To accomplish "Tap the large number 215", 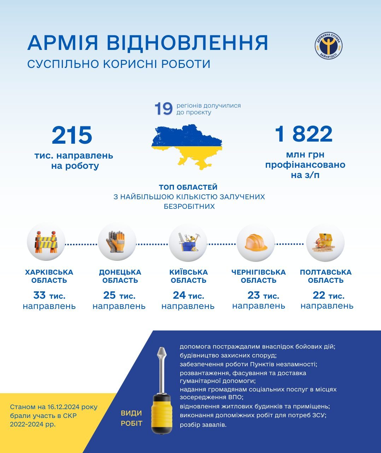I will tap(72, 136).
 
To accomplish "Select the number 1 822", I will tap(304, 134).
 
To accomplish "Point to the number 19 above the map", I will tap(163, 109).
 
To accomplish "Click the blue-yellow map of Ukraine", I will tap(187, 146).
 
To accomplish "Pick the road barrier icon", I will tap(46, 242).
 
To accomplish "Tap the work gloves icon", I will tap(116, 242).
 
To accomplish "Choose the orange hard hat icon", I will tap(256, 243).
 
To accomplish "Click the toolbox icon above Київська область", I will tap(188, 242).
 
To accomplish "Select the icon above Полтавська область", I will tap(325, 243).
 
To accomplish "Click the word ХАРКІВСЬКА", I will tap(49, 272).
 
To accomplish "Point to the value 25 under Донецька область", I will tap(109, 295).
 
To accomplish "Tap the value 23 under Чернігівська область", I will tap(253, 295).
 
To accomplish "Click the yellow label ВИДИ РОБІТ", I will tap(131, 418).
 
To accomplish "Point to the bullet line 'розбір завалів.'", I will tap(203, 424).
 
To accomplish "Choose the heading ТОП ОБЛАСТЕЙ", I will tap(188, 187).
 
